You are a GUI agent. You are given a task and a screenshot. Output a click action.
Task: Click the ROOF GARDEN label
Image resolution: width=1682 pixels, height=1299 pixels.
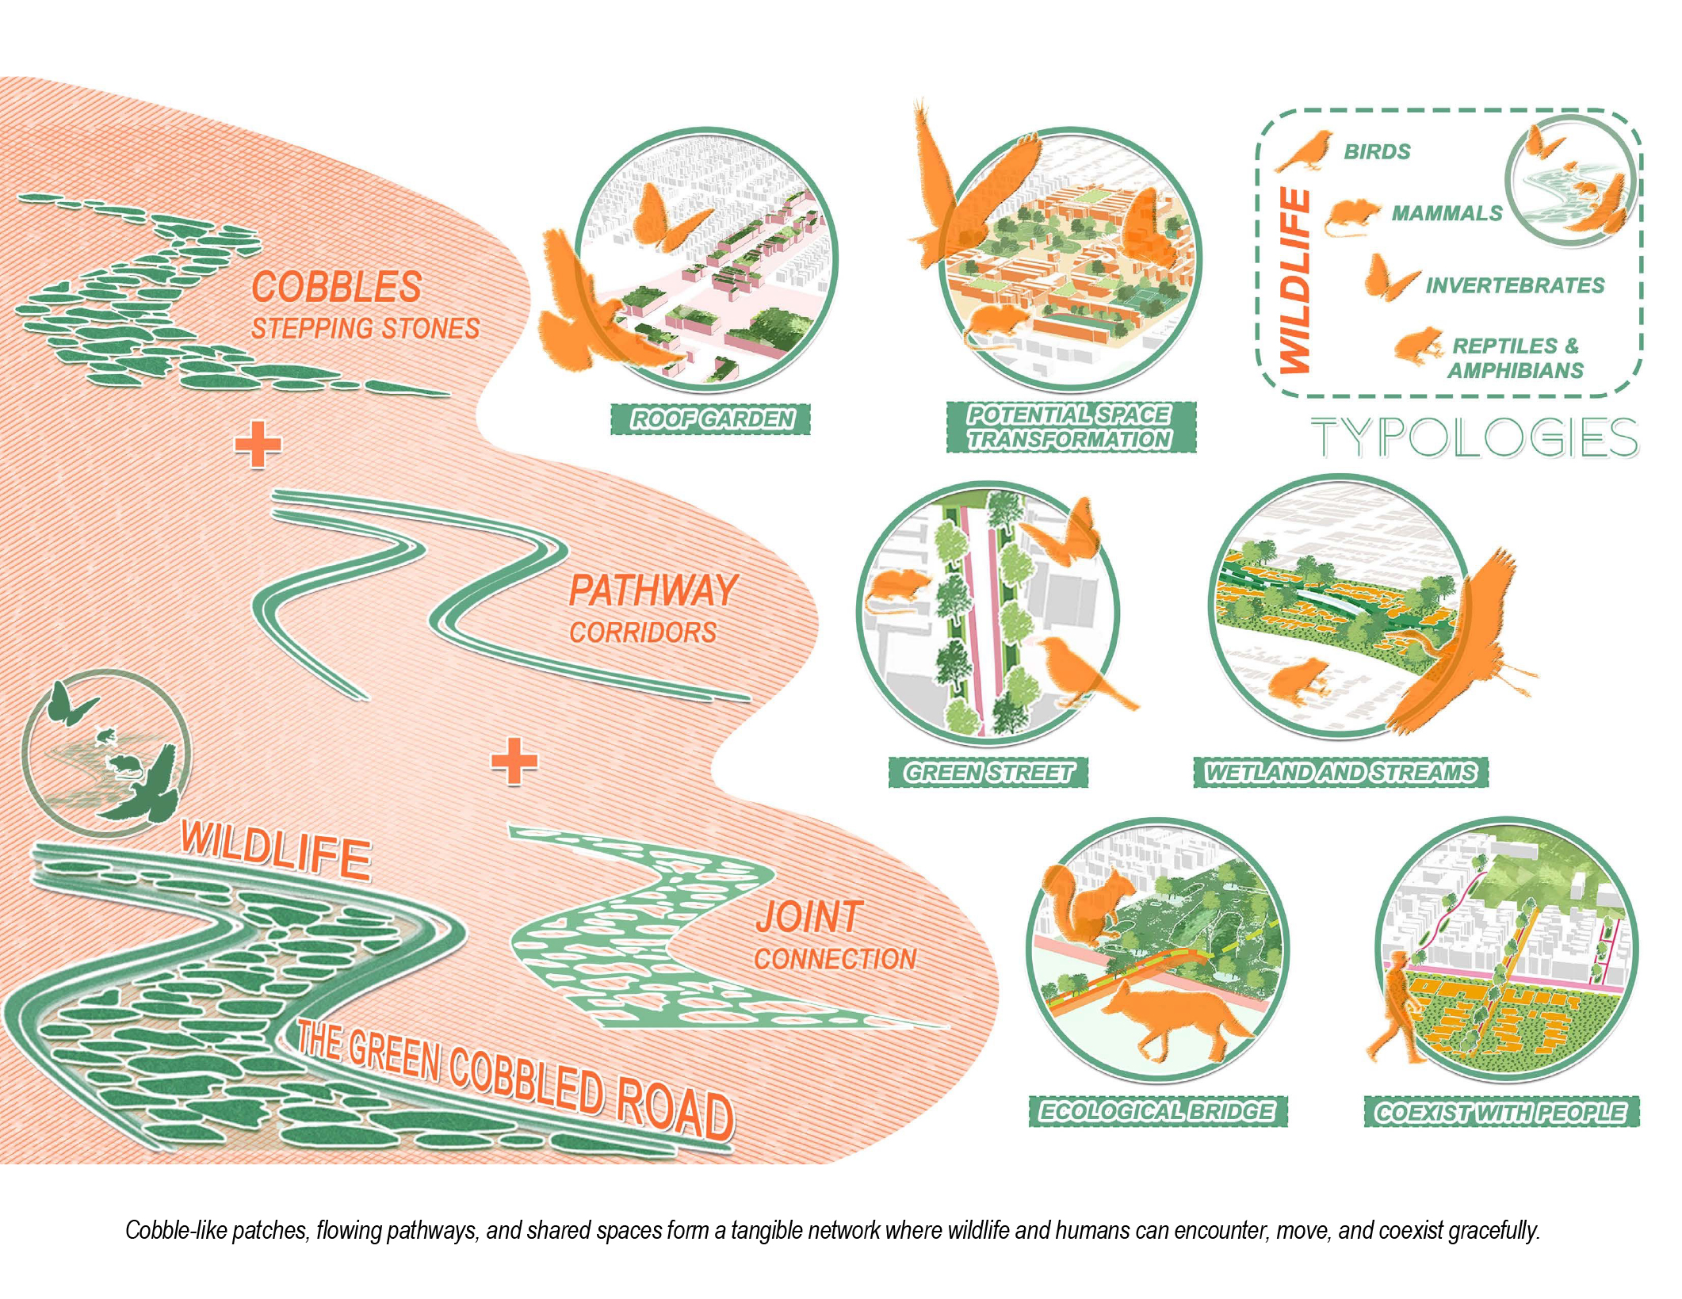(x=711, y=418)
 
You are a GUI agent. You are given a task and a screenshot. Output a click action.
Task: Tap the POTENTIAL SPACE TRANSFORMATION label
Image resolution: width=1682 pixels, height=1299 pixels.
(x=1070, y=427)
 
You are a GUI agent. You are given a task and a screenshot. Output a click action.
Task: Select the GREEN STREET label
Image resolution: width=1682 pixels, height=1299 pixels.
(x=988, y=772)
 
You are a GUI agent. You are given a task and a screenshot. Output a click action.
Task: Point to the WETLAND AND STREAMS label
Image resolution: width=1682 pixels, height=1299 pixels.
(x=1340, y=772)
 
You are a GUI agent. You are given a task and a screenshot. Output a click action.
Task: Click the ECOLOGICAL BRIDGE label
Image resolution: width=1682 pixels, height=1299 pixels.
(x=1157, y=1111)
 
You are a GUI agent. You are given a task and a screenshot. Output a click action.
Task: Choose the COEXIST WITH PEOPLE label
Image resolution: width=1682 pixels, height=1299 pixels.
(x=1500, y=1112)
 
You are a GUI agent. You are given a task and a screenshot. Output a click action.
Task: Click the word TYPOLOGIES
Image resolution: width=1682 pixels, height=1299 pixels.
(x=1474, y=437)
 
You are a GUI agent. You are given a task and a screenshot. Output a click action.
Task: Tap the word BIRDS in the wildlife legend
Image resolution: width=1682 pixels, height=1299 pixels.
(x=1377, y=151)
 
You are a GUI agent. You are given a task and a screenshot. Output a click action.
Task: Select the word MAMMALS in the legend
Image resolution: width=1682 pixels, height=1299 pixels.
(x=1447, y=213)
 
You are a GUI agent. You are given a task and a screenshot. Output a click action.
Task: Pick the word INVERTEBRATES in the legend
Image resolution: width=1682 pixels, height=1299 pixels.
(x=1515, y=285)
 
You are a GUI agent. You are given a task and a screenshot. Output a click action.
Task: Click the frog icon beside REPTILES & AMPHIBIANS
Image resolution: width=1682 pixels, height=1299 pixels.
(x=1418, y=346)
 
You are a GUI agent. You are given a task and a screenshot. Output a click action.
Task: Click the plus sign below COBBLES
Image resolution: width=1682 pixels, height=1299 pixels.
(x=258, y=445)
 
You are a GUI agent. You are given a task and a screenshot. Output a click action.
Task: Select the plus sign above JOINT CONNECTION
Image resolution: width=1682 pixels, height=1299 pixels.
(x=514, y=762)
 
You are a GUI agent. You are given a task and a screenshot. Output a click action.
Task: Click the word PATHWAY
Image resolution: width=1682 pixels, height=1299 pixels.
(x=653, y=590)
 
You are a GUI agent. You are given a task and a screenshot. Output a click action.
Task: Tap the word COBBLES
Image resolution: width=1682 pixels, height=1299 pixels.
(x=336, y=287)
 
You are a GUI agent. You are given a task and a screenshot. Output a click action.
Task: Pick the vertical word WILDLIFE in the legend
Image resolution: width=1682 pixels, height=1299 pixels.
(x=1295, y=281)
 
